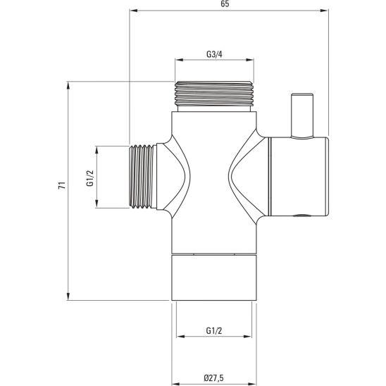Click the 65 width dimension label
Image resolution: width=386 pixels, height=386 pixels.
pos(225,4)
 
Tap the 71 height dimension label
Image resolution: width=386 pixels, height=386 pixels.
pos(62,185)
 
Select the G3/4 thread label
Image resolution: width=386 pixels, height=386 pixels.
pos(214,54)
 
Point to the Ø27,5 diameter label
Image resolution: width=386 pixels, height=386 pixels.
pos(214,378)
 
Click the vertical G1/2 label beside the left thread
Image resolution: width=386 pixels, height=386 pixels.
pos(90,178)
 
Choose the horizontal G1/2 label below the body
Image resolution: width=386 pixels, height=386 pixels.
pos(214,330)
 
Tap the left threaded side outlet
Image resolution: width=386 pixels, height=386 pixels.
pos(143,177)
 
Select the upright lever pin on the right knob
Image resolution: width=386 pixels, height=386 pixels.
pos(302,115)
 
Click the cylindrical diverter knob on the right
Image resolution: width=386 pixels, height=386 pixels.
pos(298,177)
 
